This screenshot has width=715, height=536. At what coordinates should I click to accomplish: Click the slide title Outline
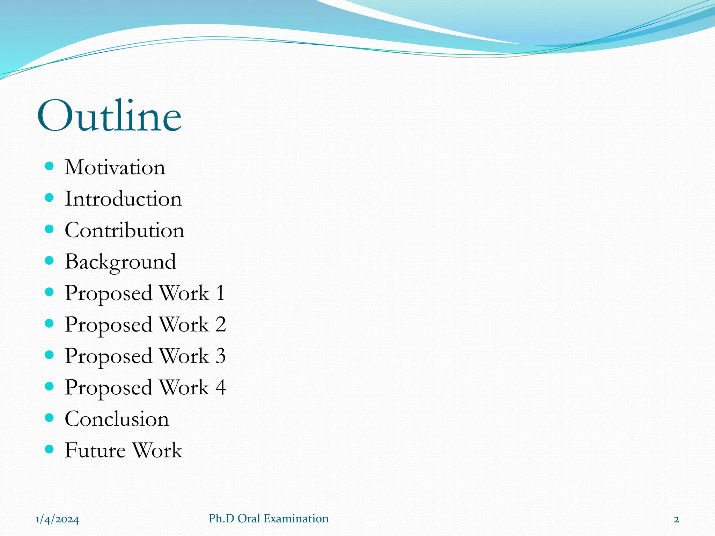coord(109,116)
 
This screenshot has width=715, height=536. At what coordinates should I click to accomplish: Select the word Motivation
coord(115,167)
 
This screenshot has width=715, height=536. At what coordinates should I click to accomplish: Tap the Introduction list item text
coord(123,199)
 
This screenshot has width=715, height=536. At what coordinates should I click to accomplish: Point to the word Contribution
coord(124,230)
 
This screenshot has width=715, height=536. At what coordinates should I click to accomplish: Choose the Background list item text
coord(120,262)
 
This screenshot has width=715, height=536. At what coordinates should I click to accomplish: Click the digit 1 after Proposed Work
coord(220,293)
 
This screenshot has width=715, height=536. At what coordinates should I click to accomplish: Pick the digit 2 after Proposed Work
coord(221,324)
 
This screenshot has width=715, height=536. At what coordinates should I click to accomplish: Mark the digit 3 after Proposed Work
coord(221,356)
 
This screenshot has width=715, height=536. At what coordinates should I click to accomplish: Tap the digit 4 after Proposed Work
coord(221,387)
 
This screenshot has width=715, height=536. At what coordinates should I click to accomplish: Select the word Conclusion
coord(117,419)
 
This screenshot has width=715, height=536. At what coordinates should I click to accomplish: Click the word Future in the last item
coord(95,450)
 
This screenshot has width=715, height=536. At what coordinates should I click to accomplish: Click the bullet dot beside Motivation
coord(49,166)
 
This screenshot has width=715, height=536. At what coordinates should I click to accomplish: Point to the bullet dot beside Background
coord(49,260)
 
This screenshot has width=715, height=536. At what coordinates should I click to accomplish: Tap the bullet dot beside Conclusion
coord(49,417)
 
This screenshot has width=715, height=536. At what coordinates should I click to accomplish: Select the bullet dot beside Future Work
coord(49,449)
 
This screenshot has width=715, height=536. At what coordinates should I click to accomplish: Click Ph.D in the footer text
coord(222,519)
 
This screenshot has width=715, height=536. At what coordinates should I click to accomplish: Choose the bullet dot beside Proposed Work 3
coord(49,355)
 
